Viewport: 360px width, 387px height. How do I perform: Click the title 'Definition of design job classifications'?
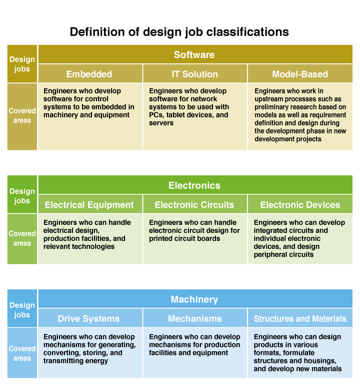[x=179, y=32]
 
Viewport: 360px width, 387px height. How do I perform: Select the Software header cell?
[x=195, y=54]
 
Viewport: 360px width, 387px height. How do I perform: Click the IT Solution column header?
[x=195, y=74]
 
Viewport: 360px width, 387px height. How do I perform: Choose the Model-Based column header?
[x=300, y=74]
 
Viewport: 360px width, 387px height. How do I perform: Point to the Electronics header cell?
[x=195, y=185]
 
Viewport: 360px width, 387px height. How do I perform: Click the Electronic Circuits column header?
[x=195, y=204]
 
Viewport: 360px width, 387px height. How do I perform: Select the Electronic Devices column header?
[x=300, y=204]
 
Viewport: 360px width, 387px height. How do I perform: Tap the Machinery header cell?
[x=195, y=299]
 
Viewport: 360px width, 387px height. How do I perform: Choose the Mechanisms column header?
[x=195, y=318]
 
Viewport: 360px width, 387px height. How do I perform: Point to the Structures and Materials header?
[x=300, y=318]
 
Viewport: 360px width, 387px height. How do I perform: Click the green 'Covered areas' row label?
[x=22, y=238]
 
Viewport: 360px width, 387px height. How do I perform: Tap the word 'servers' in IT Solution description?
[x=161, y=123]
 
